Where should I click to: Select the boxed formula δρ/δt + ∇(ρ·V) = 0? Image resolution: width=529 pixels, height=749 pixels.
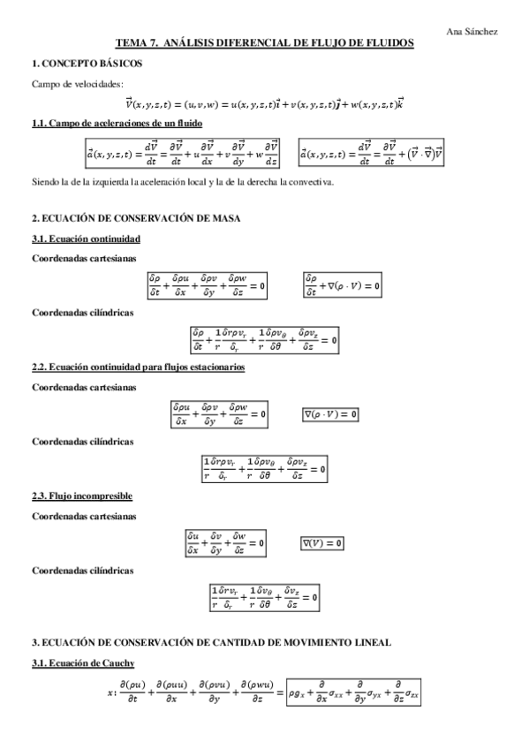coord(343,285)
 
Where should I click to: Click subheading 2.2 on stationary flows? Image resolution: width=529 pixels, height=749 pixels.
coord(139,366)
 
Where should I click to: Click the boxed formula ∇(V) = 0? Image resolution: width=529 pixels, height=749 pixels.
coord(321,541)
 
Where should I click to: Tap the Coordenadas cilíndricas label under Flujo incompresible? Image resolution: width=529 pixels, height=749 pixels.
coord(82,570)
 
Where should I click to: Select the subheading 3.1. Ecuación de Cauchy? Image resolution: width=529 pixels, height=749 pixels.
coord(82,662)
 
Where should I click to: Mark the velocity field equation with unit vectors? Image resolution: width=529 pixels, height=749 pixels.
coord(265,102)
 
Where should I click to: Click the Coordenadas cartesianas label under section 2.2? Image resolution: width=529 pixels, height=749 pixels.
coord(83,387)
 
